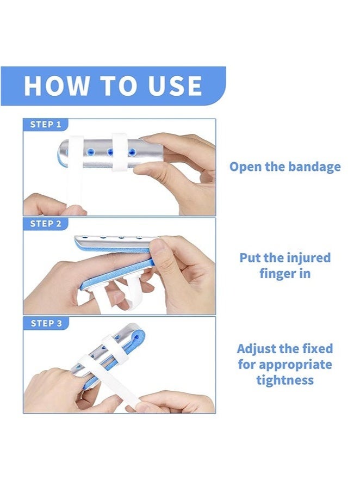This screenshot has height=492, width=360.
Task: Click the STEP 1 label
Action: [x=45, y=125]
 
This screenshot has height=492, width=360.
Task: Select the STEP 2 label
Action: [x=45, y=224]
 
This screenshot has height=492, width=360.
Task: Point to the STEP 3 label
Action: [x=46, y=323]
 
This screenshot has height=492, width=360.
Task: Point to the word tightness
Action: [x=285, y=380]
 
